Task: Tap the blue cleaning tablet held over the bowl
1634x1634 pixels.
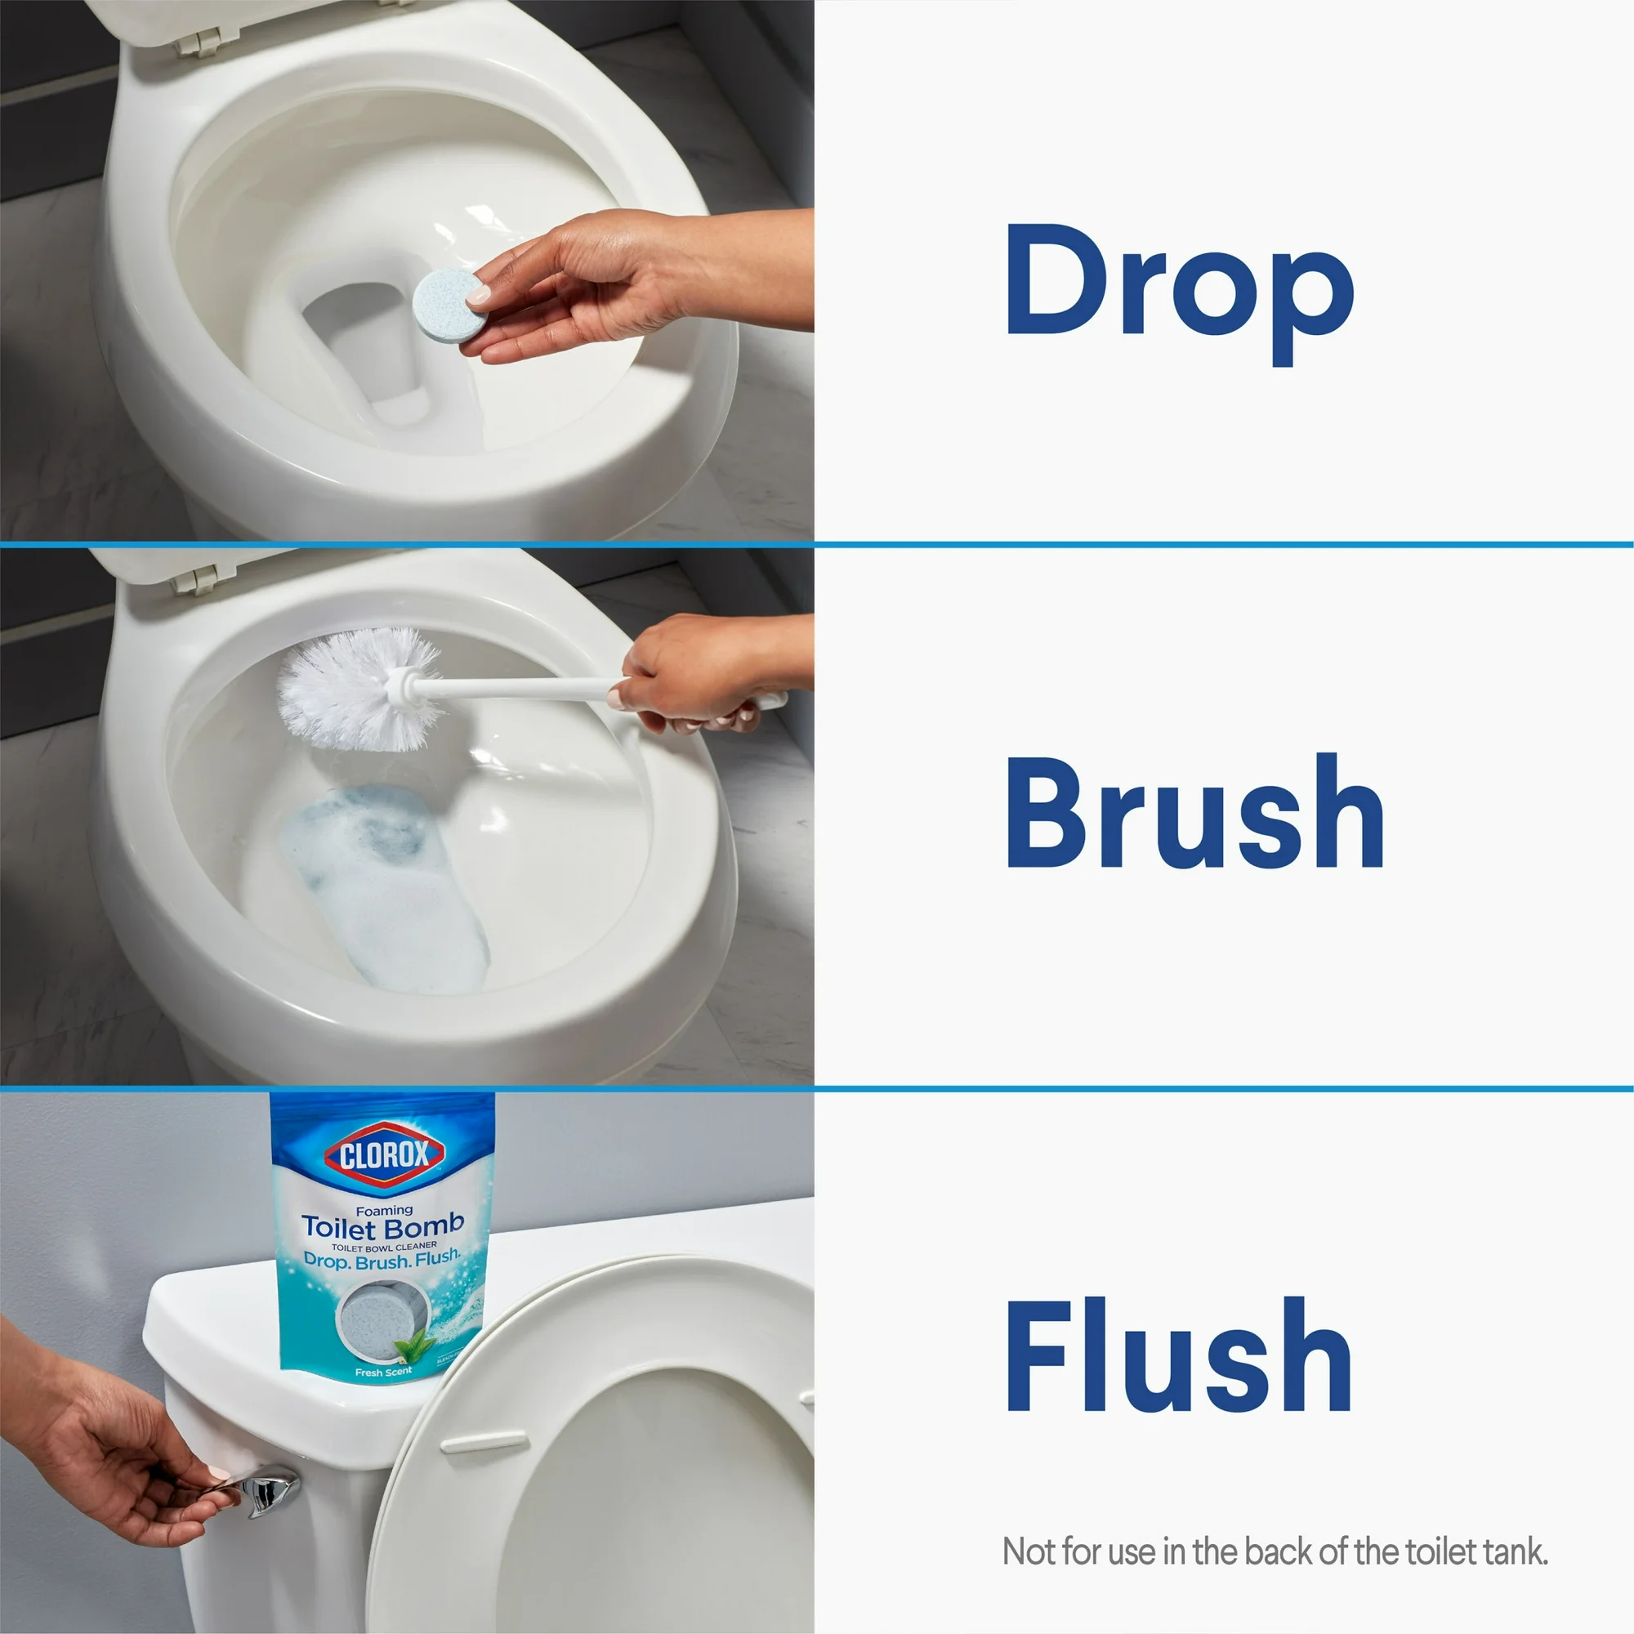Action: (x=449, y=305)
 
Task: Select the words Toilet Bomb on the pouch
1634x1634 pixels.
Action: (x=383, y=1225)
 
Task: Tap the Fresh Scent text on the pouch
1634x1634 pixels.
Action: (x=383, y=1372)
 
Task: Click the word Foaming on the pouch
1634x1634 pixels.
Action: (x=384, y=1210)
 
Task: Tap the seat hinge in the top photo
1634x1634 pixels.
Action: (x=199, y=40)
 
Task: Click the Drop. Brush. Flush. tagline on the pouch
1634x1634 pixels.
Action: (x=382, y=1259)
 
